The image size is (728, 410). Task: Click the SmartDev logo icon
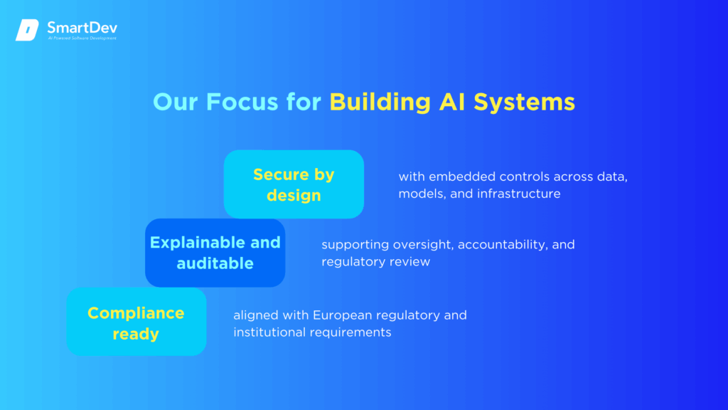point(27,30)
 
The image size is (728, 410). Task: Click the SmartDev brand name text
point(82,28)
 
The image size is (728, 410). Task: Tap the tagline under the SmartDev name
point(82,38)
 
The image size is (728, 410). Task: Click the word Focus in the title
point(242,102)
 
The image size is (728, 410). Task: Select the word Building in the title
point(380,102)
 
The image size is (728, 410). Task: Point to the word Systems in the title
point(524,102)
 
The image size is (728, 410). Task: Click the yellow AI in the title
point(452,102)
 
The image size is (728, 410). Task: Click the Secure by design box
point(294,184)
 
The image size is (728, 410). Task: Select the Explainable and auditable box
point(215,253)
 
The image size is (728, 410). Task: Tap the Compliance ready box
point(136,322)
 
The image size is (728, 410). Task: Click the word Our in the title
point(176,102)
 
